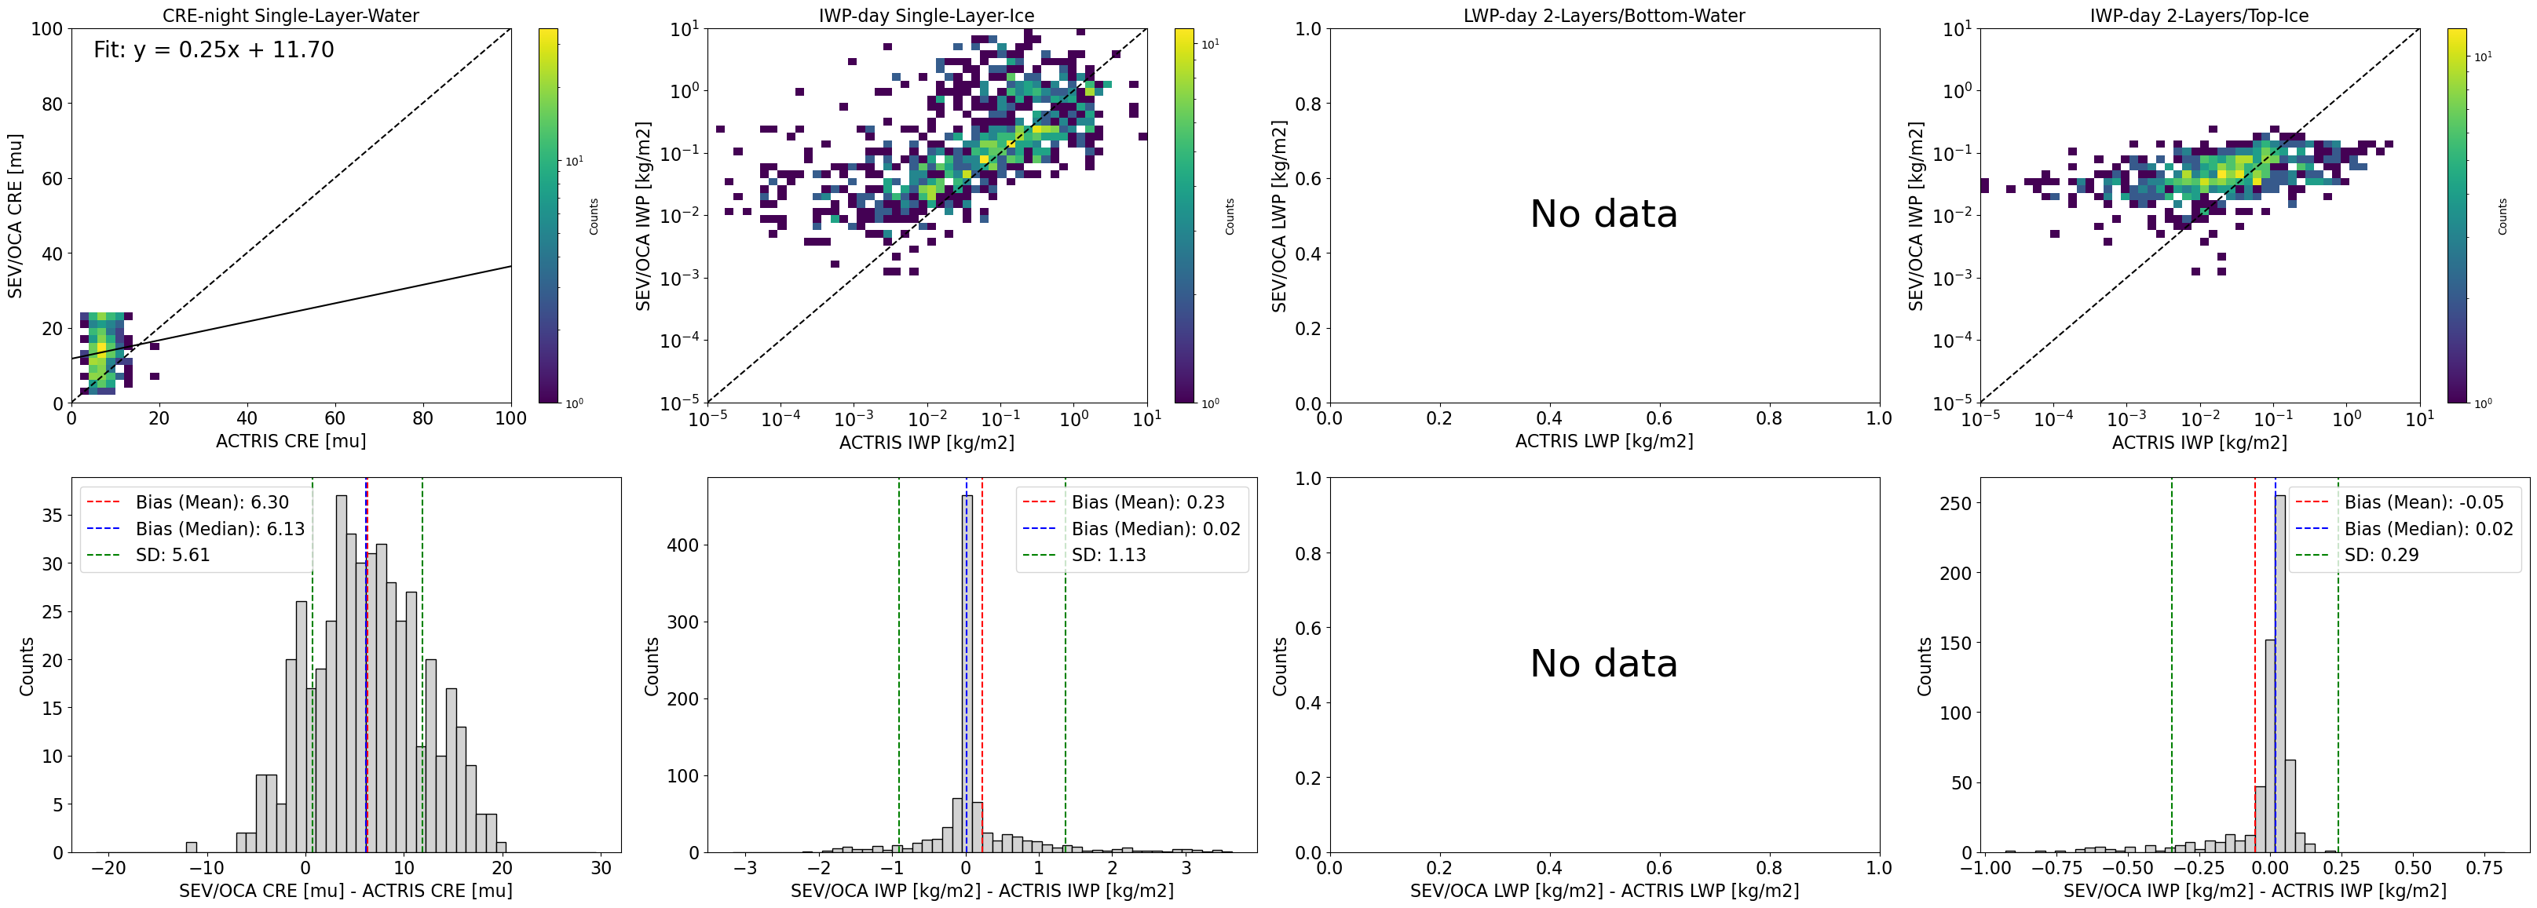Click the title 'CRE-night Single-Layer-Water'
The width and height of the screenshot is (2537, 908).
pyautogui.click(x=291, y=16)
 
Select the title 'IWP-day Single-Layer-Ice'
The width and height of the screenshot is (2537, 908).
pyautogui.click(x=927, y=16)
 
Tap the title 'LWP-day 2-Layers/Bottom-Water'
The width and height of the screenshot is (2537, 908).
pyautogui.click(x=1603, y=16)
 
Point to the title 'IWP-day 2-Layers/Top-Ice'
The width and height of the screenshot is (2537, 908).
pyautogui.click(x=2199, y=16)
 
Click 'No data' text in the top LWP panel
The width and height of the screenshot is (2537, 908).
pyautogui.click(x=1603, y=215)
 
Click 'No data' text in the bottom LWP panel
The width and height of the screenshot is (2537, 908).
pyautogui.click(x=1603, y=664)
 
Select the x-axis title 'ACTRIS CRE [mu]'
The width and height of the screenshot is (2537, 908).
pyautogui.click(x=291, y=441)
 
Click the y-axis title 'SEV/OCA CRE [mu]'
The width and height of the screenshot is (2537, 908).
pyautogui.click(x=15, y=216)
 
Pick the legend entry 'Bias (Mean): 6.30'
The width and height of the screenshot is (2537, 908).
pyautogui.click(x=212, y=502)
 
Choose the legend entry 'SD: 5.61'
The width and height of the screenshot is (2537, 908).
pyautogui.click(x=172, y=556)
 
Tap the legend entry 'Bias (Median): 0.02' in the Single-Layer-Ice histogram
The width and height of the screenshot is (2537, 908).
pyautogui.click(x=1155, y=529)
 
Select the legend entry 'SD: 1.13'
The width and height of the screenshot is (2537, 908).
pyautogui.click(x=1108, y=556)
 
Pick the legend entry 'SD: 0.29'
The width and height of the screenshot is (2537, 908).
pyautogui.click(x=2381, y=556)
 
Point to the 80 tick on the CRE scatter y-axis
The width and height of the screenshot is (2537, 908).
pyautogui.click(x=51, y=104)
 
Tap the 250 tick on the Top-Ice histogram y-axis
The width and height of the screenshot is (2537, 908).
pyautogui.click(x=1955, y=503)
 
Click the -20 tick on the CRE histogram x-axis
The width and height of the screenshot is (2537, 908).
pyautogui.click(x=108, y=869)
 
